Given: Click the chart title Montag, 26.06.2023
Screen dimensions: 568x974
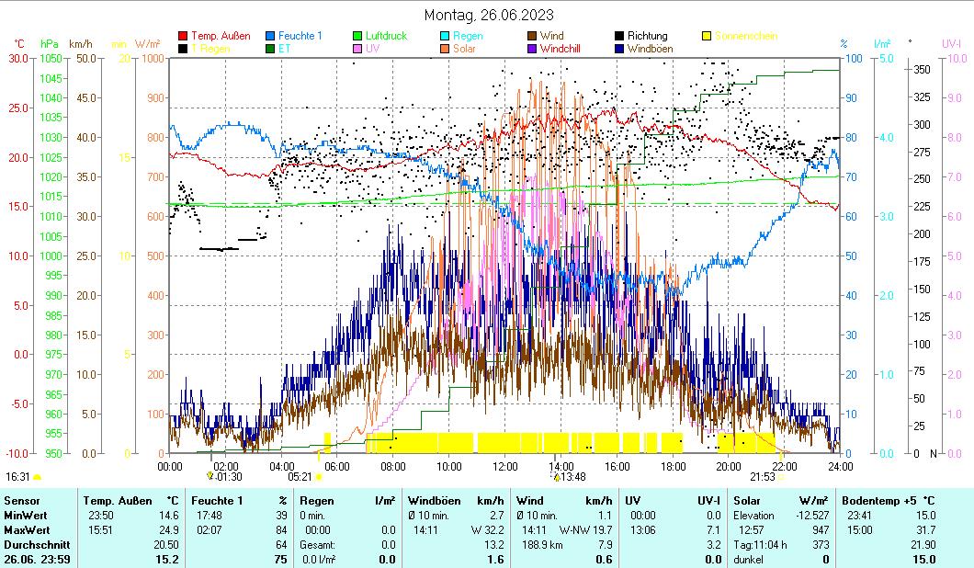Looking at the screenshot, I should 489,15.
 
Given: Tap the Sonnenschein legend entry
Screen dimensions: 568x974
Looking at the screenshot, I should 745,36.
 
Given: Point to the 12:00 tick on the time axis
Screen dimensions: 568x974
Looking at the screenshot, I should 504,466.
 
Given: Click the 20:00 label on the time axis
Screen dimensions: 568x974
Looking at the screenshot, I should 729,466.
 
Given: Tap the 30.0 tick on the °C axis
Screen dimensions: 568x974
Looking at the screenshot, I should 18,58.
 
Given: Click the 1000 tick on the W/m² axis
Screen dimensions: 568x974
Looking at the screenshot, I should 154,58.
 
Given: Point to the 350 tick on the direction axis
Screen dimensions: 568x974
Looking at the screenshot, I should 922,69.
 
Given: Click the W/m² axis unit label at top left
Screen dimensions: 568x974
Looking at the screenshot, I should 148,43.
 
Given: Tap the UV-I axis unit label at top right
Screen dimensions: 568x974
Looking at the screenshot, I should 951,43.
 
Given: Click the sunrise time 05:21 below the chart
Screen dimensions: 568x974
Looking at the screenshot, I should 300,477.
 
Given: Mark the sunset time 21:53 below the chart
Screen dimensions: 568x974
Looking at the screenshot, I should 762,477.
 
